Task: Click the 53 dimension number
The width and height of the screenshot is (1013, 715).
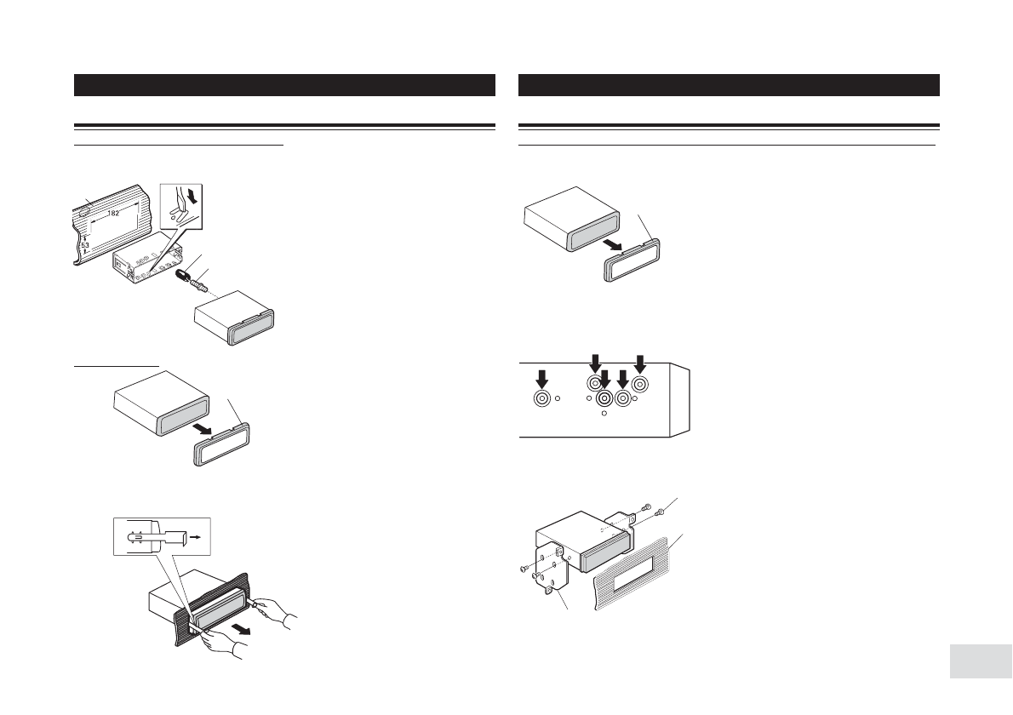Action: [x=85, y=244]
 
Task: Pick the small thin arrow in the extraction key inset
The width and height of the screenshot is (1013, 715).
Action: [x=196, y=538]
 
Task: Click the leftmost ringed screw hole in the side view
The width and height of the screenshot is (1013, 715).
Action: [x=541, y=398]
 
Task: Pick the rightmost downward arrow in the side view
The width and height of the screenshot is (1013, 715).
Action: [x=640, y=361]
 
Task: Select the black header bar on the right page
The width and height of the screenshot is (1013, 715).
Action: [x=729, y=85]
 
